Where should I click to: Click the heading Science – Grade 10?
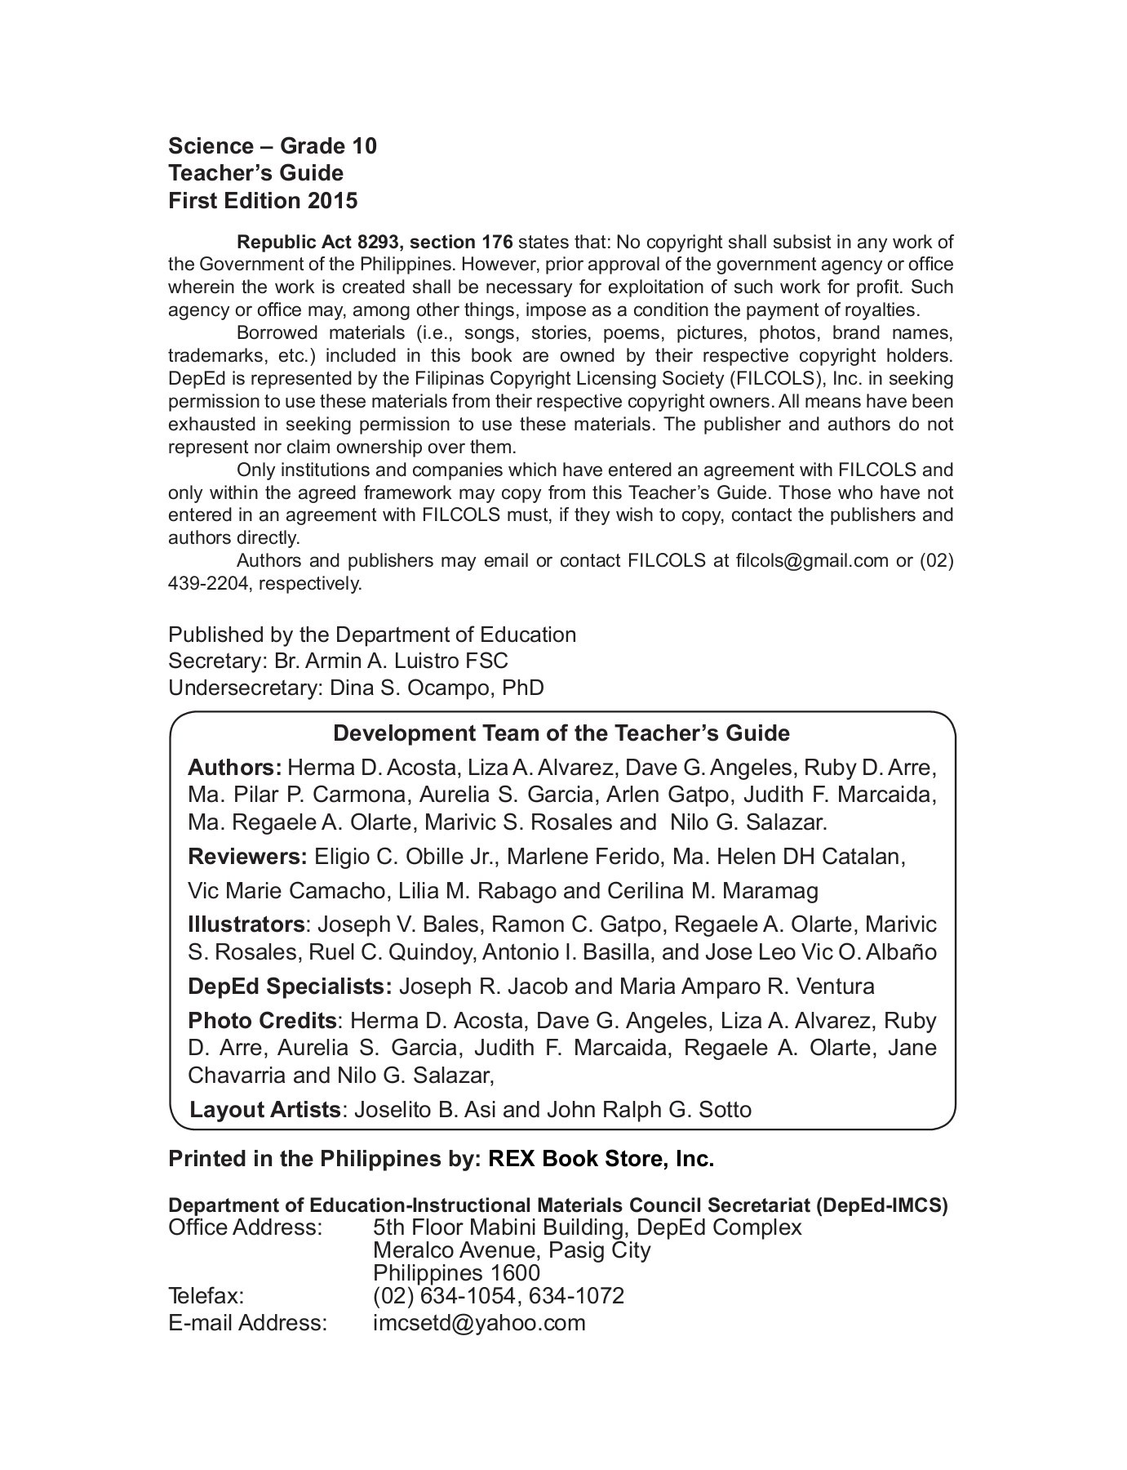pyautogui.click(x=273, y=146)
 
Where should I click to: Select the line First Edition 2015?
pyautogui.click(x=263, y=200)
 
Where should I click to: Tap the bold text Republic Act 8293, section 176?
pyautogui.click(x=375, y=242)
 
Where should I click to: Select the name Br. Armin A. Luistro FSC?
pyautogui.click(x=385, y=661)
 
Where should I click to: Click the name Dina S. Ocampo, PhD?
pyautogui.click(x=437, y=688)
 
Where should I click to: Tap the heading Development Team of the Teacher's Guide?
pyautogui.click(x=561, y=733)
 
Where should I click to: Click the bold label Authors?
pyautogui.click(x=235, y=768)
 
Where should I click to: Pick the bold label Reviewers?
pyautogui.click(x=247, y=857)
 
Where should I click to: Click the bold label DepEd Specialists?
pyautogui.click(x=291, y=987)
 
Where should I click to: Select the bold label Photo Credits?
pyautogui.click(x=262, y=1021)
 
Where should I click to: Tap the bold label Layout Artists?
pyautogui.click(x=265, y=1110)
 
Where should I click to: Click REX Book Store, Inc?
pyautogui.click(x=601, y=1159)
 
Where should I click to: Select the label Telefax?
pyautogui.click(x=206, y=1296)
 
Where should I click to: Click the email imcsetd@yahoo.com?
pyautogui.click(x=479, y=1323)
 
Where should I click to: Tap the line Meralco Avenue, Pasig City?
pyautogui.click(x=512, y=1250)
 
